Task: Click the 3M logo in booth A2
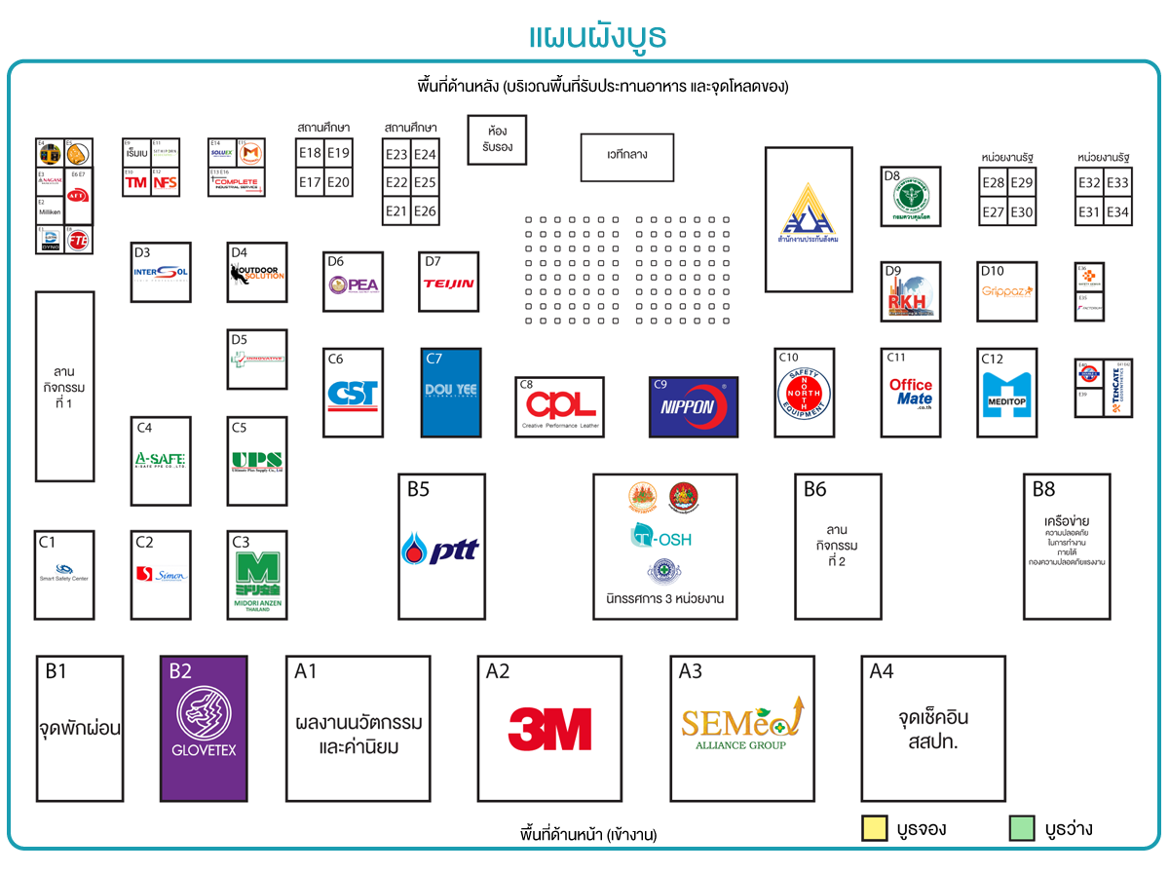coord(549,729)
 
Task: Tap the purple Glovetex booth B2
coord(204,728)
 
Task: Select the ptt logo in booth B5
coord(440,550)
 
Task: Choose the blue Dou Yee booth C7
coord(450,392)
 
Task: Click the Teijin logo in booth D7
coord(448,285)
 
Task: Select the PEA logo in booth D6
coord(353,285)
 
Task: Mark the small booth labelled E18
coord(310,154)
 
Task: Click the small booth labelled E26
coord(426,211)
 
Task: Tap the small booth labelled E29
coord(1022,183)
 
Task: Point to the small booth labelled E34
coord(1118,212)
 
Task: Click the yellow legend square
coord(874,828)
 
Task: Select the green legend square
coord(1021,828)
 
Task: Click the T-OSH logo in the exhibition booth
coord(660,537)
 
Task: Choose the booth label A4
coord(882,671)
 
